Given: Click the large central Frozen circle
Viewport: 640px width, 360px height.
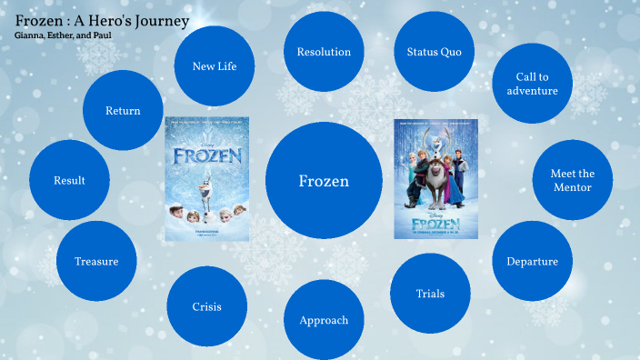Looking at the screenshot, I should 324,181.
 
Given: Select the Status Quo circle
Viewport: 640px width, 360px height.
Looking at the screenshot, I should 435,52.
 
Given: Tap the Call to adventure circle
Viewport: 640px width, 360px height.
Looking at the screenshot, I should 533,85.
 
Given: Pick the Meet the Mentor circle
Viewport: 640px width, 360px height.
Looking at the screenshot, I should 572,180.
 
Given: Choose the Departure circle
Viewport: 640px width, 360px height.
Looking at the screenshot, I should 532,261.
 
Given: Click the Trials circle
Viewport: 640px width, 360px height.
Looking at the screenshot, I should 430,293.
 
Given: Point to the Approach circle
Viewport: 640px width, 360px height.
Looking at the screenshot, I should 324,320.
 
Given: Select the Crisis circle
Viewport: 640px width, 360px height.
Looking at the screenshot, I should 207,306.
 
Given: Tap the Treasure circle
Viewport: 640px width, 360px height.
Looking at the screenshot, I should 96,261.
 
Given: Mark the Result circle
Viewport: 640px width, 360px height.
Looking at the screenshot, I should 69,180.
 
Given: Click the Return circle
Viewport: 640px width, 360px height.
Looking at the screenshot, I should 123,110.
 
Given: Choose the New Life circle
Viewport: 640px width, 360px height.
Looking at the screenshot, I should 215,65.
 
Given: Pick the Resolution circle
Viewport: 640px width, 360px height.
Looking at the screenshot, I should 324,52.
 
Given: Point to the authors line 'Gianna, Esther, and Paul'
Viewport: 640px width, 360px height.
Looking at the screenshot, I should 64,35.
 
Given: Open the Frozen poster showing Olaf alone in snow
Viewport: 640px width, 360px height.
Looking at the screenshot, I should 207,178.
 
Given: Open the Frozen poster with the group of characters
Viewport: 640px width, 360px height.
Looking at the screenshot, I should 435,178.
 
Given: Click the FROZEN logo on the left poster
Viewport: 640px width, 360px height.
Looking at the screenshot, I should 207,155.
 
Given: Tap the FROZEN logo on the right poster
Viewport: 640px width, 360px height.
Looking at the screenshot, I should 435,221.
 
